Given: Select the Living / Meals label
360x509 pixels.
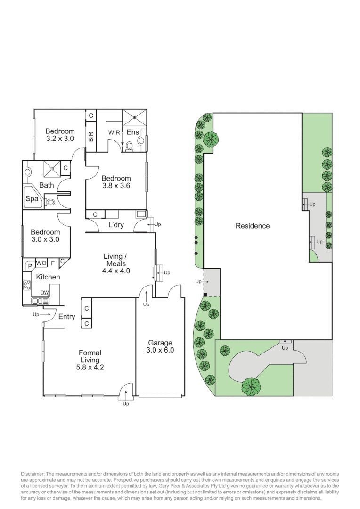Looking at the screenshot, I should [115, 263].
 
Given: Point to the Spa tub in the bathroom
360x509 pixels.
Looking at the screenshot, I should [32, 199].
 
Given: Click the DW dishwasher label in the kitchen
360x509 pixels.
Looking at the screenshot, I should [44, 293].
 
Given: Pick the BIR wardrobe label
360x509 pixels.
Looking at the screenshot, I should [90, 136].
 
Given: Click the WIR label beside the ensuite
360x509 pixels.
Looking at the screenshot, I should [114, 133].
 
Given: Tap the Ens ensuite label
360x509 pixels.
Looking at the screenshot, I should [133, 133].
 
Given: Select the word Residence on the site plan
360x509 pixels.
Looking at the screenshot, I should [253, 226].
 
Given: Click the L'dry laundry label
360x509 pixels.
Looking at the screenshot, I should [116, 225].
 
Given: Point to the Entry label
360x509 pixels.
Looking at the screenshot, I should [66, 317].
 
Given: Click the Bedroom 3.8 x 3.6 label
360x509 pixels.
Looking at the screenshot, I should [116, 181].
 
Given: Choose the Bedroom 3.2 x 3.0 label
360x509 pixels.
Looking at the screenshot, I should [60, 135].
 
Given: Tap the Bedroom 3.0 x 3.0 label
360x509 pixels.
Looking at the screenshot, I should [45, 235].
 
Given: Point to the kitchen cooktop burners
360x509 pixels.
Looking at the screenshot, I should [27, 285].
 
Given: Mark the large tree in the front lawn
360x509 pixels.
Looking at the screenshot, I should [251, 387].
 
